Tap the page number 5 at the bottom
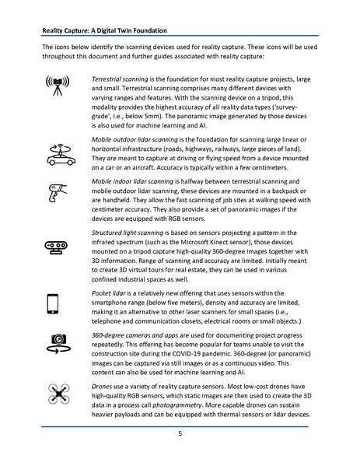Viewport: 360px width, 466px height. pos(180,434)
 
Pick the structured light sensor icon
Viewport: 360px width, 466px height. pos(58,247)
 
